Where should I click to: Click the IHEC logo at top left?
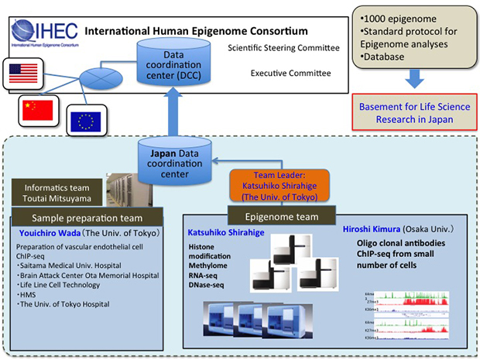39,33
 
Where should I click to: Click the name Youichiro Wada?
45,231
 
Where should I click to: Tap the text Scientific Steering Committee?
284,49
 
